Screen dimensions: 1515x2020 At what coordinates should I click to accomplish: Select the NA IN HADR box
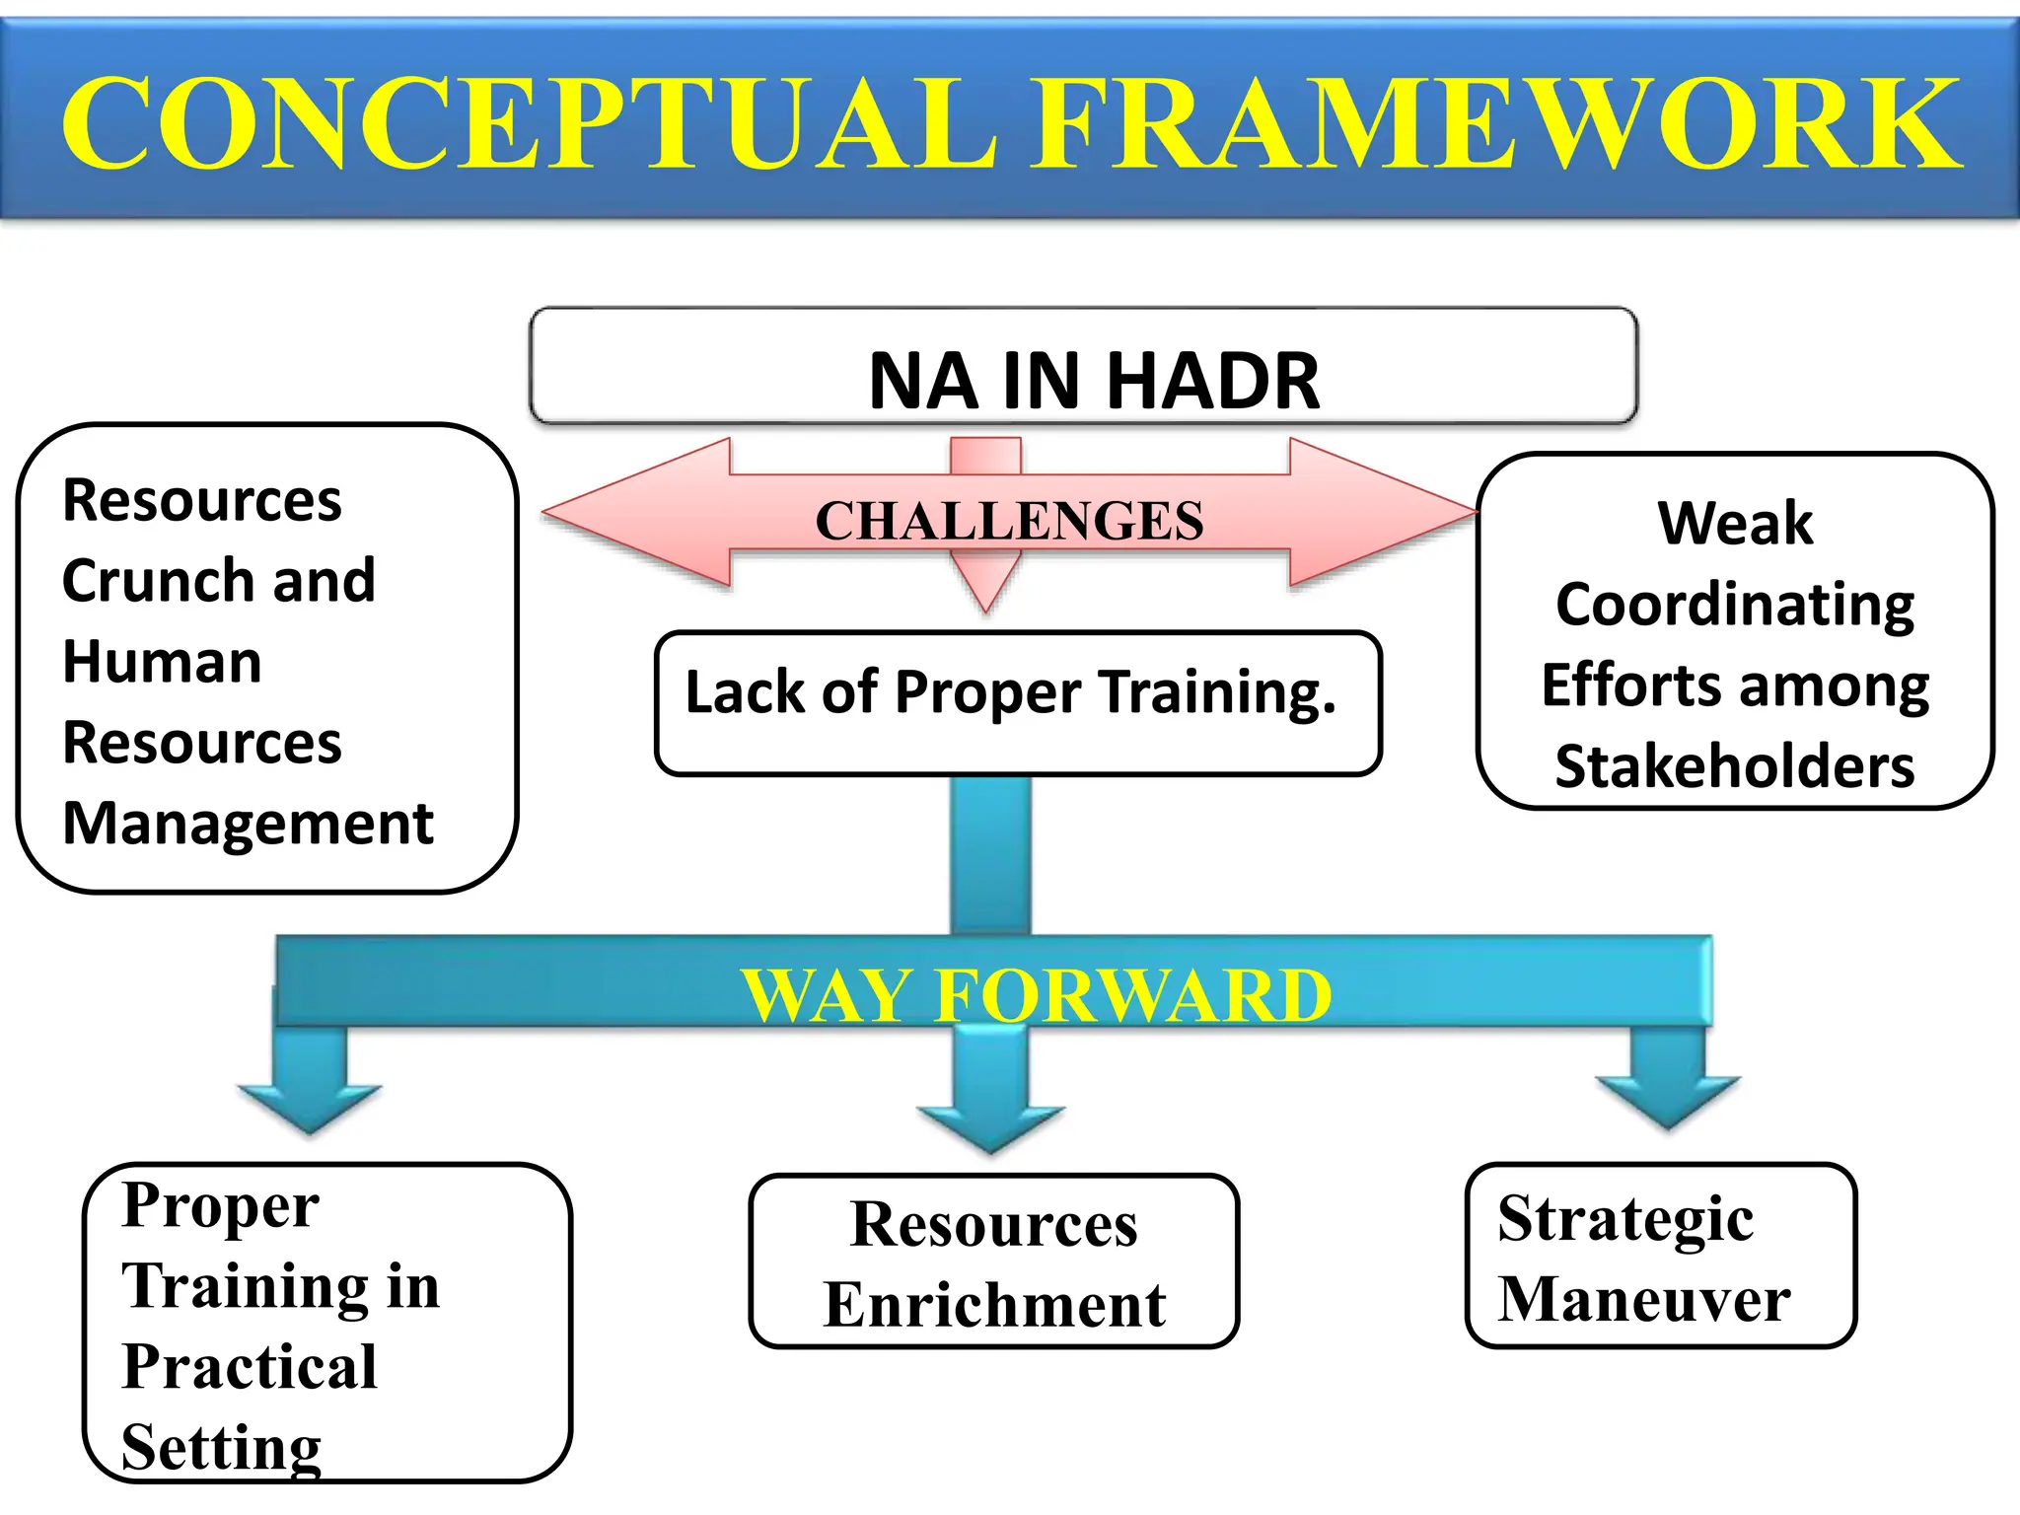[1083, 367]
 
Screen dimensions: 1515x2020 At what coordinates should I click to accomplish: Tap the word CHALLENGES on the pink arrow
[1009, 521]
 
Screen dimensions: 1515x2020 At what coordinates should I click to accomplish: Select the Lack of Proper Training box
[1017, 702]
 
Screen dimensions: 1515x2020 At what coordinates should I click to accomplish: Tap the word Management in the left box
[248, 823]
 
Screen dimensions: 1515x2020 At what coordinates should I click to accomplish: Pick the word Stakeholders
[1734, 766]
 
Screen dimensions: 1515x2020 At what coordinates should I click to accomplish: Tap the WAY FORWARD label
[1036, 995]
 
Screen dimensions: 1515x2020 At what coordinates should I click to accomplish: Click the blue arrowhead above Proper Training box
[310, 1105]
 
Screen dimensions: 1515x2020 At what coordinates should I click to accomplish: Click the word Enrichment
[994, 1305]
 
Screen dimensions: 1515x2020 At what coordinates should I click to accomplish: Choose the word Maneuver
[1643, 1299]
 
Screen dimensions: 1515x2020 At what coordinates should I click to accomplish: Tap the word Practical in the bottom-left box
[250, 1367]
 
